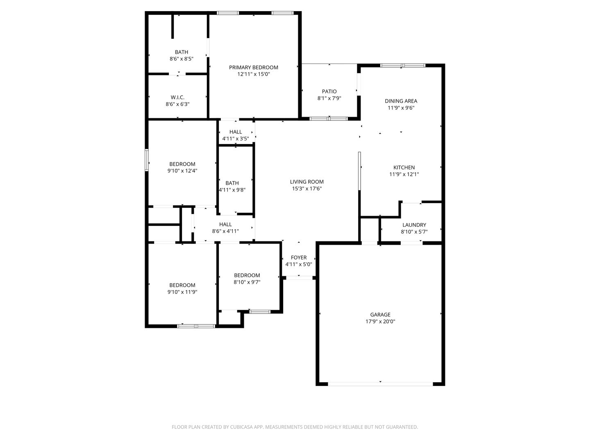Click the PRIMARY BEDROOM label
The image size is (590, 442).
(253, 68)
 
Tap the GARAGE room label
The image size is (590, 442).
(380, 315)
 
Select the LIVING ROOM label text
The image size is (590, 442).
(307, 182)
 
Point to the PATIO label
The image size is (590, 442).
(329, 92)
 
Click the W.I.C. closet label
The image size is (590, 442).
(177, 97)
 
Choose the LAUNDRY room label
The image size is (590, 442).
(414, 225)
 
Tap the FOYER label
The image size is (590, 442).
(299, 257)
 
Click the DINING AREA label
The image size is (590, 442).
(401, 101)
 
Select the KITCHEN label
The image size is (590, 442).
(404, 167)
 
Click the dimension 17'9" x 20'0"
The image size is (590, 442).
(380, 321)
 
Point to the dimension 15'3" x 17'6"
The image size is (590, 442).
(307, 188)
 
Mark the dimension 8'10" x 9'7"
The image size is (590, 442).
(247, 282)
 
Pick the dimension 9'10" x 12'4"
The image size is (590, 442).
(182, 171)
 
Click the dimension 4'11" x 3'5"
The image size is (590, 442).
(236, 139)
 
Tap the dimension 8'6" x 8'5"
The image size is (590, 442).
(182, 59)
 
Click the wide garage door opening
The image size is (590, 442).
(380, 384)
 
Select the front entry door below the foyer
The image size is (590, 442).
(299, 278)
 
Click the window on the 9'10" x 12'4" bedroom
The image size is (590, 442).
(147, 160)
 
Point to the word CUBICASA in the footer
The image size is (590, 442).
(241, 427)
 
